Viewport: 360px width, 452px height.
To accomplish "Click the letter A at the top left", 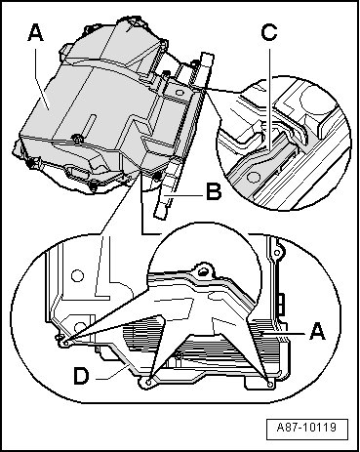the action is (x=35, y=33).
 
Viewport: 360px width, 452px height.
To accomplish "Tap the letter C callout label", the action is (x=269, y=32).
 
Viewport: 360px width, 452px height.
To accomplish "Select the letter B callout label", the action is (x=214, y=191).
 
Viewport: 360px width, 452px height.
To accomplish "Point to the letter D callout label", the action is (x=81, y=376).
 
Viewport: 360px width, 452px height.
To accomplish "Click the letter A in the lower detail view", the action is (x=317, y=332).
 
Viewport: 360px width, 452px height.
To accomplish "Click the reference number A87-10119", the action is (x=306, y=427).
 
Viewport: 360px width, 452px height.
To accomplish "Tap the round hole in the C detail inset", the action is (x=253, y=177).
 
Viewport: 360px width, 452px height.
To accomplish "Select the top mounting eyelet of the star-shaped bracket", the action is (x=203, y=270).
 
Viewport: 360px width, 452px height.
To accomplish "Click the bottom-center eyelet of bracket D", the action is (x=148, y=383).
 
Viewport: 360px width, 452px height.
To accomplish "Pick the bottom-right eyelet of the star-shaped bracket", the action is (x=271, y=385).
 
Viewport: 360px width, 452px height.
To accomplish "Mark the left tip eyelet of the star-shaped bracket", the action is (x=65, y=343).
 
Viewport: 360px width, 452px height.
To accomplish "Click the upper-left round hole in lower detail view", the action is (x=78, y=276).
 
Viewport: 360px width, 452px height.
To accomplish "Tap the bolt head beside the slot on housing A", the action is (x=77, y=140).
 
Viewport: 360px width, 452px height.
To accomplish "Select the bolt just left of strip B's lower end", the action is (x=157, y=177).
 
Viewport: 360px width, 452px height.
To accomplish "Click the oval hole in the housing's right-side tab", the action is (x=179, y=93).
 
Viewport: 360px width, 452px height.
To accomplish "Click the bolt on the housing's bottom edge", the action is (x=93, y=187).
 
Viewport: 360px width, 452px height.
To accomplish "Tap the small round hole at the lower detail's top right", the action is (x=277, y=252).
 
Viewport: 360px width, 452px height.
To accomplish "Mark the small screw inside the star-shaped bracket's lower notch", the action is (x=179, y=357).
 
